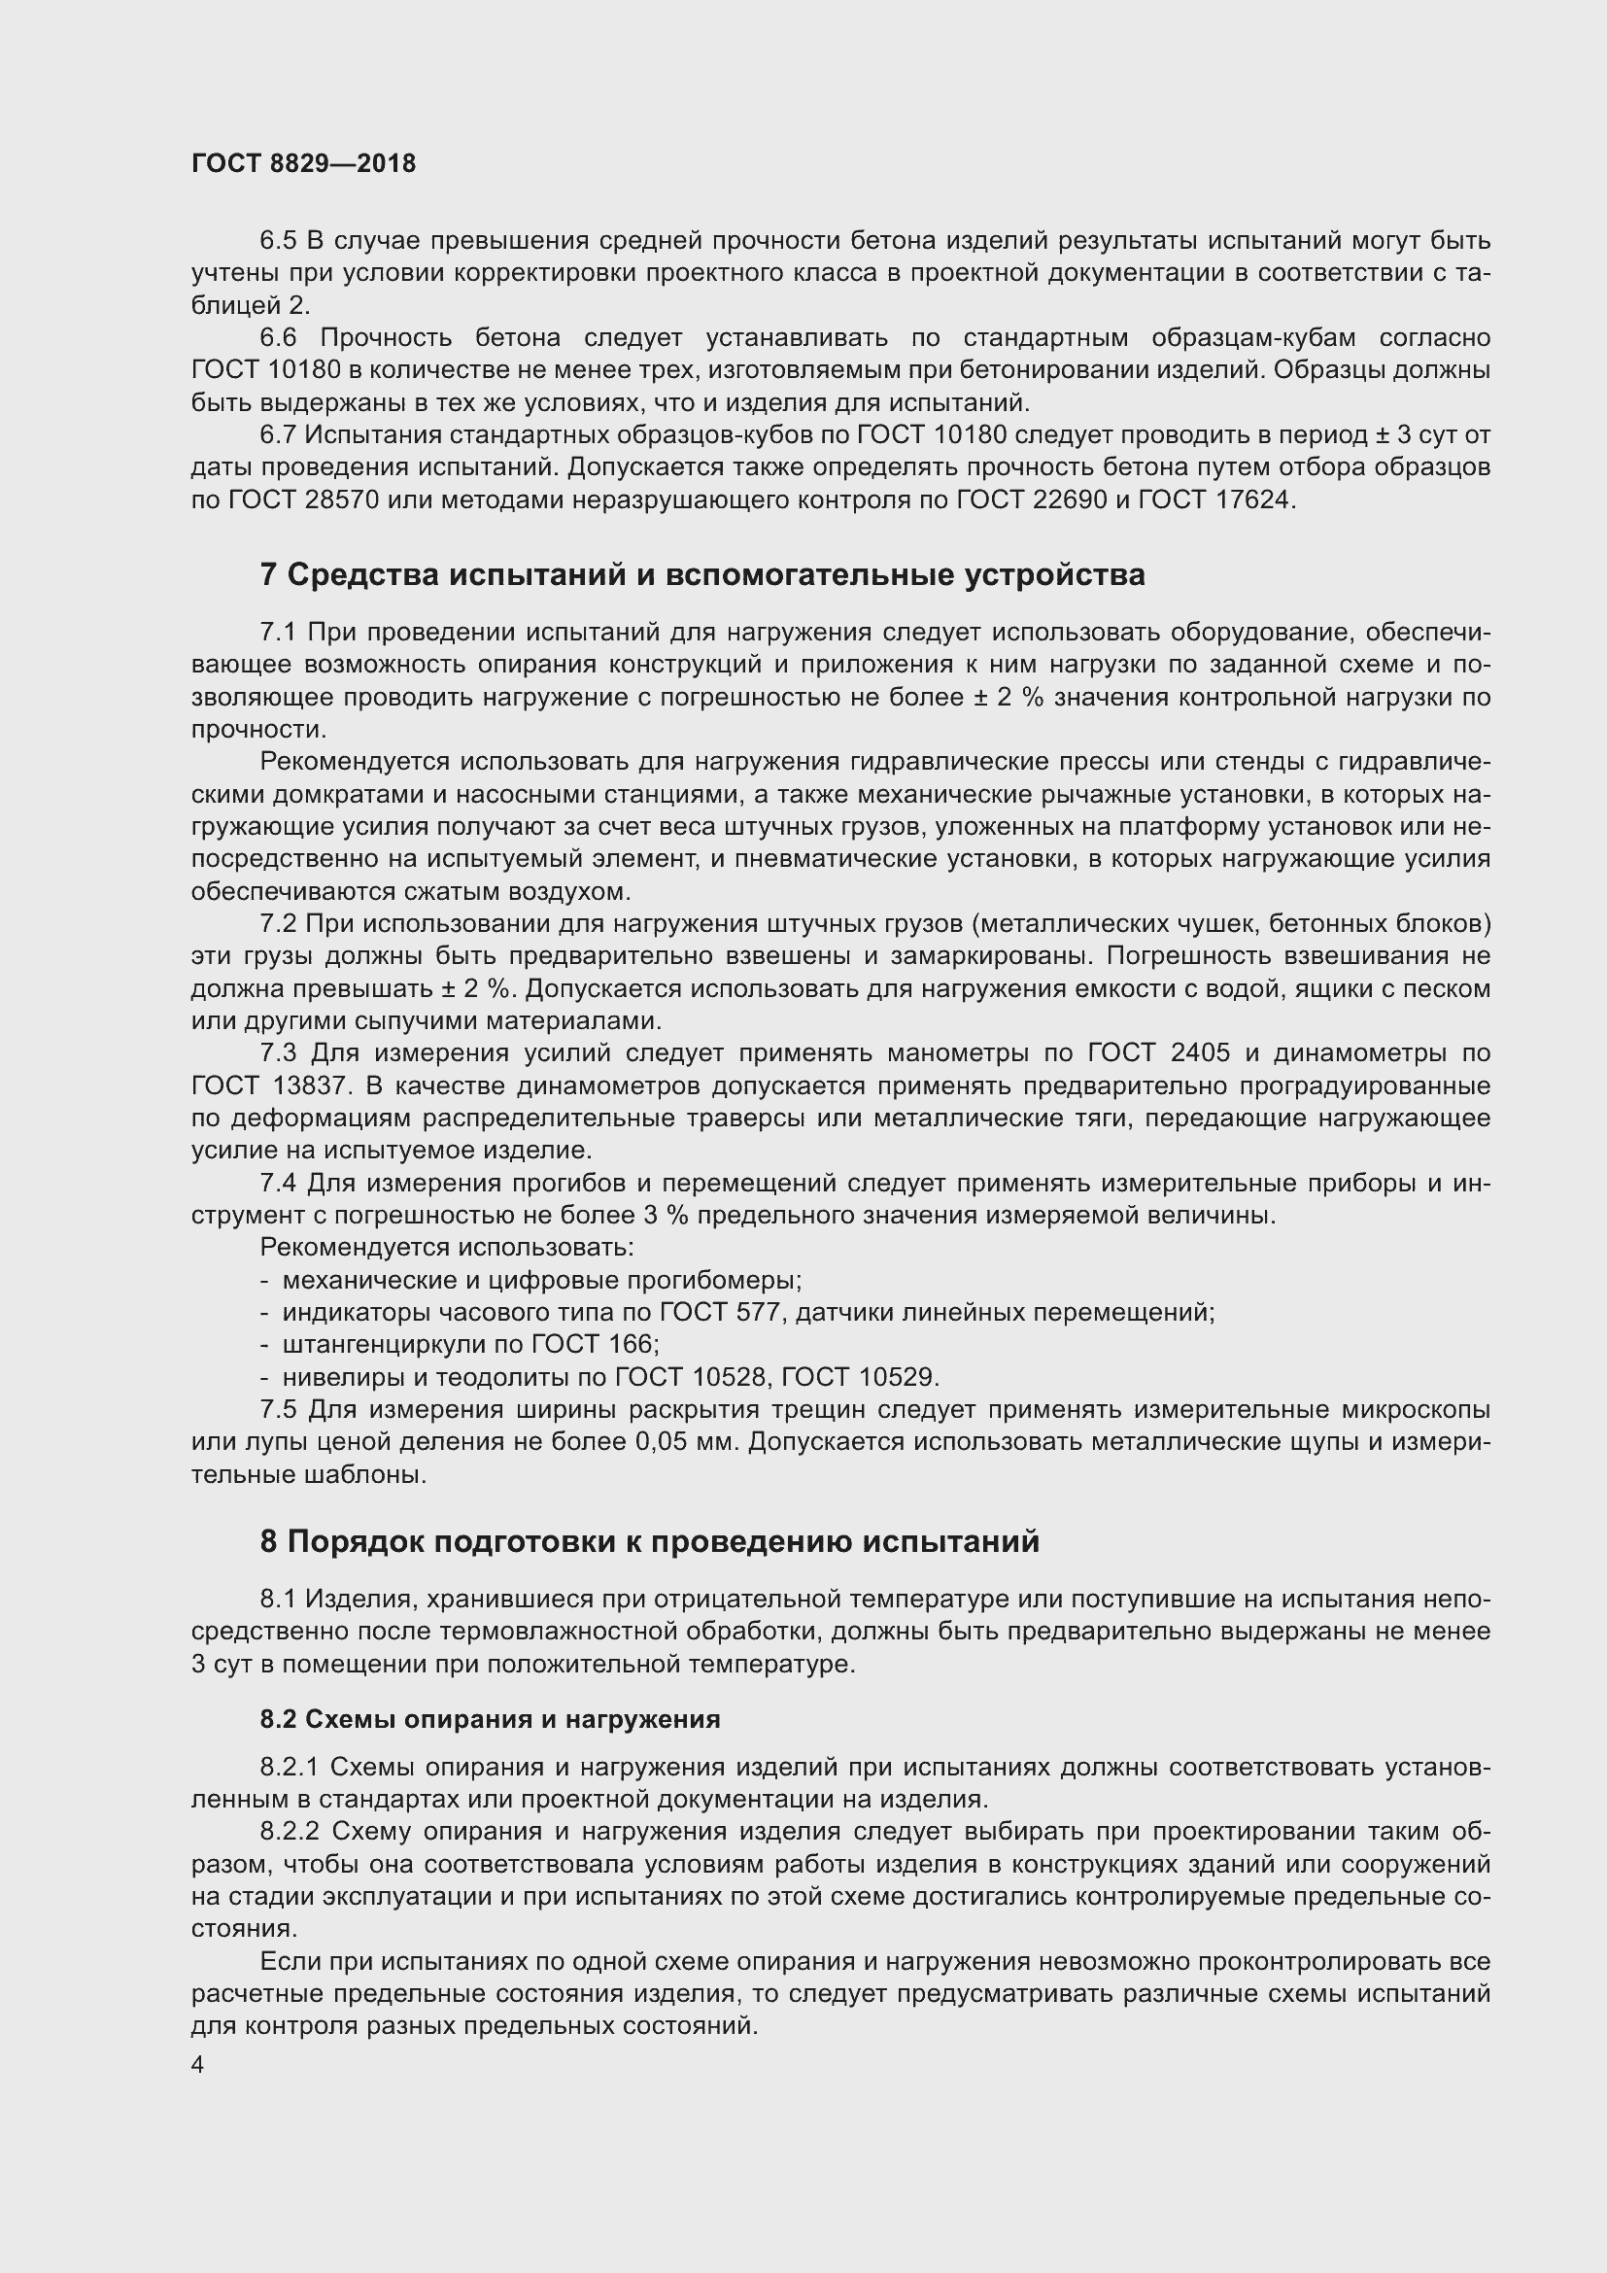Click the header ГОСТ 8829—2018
304,163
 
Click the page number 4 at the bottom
198,2065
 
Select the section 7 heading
701,575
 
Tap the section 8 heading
649,1541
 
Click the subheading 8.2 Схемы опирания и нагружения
490,1720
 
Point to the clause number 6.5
279,241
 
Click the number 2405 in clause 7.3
1200,1053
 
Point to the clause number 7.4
279,1183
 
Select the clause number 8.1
279,1599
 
